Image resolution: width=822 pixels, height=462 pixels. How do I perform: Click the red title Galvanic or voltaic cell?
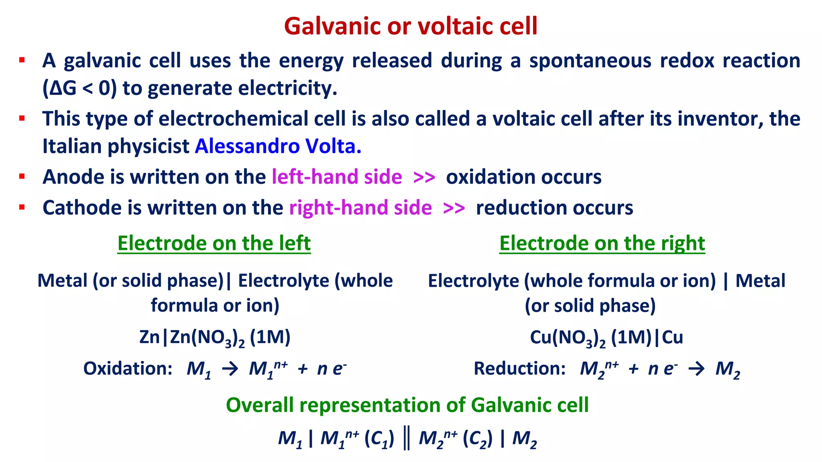click(410, 26)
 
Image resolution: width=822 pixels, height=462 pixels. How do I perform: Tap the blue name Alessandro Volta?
click(278, 146)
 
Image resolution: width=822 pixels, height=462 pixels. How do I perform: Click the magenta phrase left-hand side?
click(337, 177)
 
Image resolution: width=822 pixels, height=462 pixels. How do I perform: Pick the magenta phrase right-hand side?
click(360, 208)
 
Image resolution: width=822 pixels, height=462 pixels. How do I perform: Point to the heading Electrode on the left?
click(214, 243)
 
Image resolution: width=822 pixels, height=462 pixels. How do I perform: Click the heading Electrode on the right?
click(602, 243)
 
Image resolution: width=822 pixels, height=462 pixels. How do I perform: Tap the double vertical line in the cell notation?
click(406, 439)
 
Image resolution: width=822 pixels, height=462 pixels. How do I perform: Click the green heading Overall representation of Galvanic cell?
click(407, 405)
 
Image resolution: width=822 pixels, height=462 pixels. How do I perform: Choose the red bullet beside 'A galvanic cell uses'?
click(22, 61)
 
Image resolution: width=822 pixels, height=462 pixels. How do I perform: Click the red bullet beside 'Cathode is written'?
click(22, 207)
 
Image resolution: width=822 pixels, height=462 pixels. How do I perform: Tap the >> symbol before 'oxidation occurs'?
click(424, 177)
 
